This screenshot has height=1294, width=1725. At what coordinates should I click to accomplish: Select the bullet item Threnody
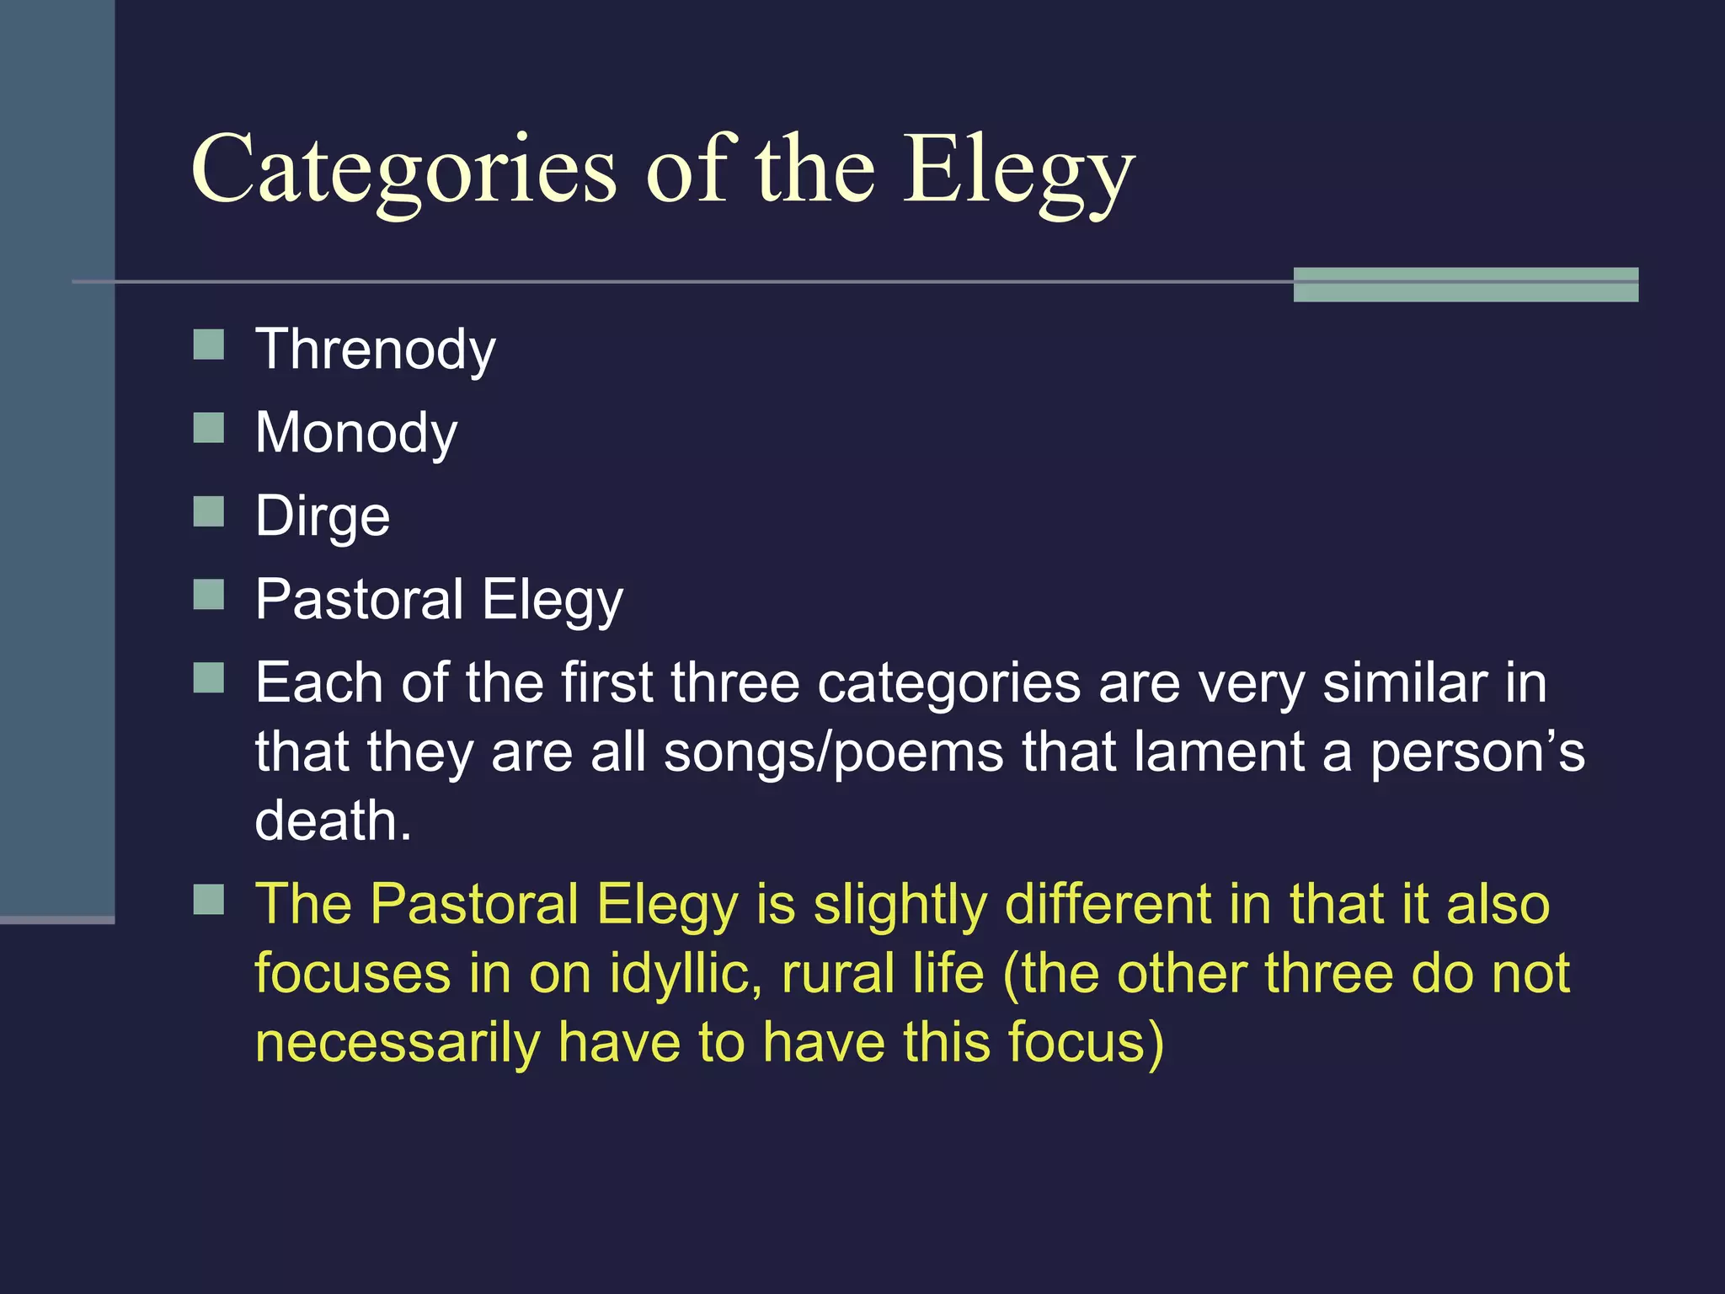[x=376, y=350]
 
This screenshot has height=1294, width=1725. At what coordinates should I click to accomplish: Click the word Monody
[x=356, y=433]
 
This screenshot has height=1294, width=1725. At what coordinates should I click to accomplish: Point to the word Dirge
[x=323, y=516]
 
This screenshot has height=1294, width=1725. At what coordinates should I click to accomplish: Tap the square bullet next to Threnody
[x=209, y=345]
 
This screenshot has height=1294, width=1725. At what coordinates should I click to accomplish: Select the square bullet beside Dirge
[x=209, y=511]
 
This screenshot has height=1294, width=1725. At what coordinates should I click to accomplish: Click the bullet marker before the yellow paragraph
[x=209, y=900]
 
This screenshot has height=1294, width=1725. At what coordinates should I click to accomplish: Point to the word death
[x=334, y=821]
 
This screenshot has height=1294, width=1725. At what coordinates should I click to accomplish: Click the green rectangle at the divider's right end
[x=1466, y=284]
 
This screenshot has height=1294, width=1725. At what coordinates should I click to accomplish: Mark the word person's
[x=1478, y=751]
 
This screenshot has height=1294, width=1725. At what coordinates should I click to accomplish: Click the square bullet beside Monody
[x=209, y=428]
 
